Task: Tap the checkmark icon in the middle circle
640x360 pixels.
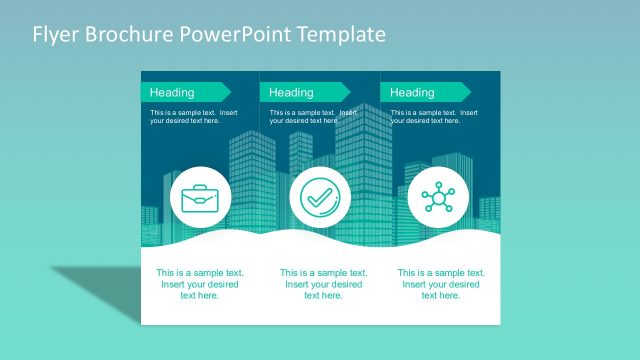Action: click(320, 197)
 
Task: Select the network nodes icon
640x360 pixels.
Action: click(438, 197)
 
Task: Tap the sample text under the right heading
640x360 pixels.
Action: click(434, 117)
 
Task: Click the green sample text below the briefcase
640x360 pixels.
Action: click(200, 284)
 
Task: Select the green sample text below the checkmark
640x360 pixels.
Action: click(323, 284)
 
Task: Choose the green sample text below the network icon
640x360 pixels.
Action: click(441, 284)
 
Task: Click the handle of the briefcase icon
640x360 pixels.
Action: click(201, 187)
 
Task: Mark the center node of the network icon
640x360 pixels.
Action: click(438, 197)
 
